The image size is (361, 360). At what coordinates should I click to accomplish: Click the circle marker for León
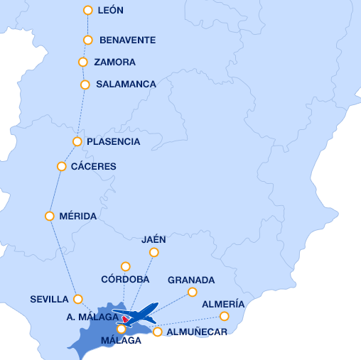point(88,11)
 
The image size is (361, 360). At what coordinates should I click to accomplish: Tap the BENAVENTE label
point(127,40)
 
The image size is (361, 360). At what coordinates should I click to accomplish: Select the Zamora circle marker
point(83,62)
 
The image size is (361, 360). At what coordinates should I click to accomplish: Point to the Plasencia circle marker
point(77,141)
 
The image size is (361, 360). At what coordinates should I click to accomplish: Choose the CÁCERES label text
point(94,167)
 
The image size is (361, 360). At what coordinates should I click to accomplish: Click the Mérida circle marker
point(50,216)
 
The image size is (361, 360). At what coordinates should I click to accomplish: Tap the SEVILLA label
point(49,300)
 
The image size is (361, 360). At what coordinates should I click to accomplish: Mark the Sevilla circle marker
point(78,299)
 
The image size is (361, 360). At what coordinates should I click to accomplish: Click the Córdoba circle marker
point(126,267)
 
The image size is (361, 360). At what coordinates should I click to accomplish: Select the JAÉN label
point(153,239)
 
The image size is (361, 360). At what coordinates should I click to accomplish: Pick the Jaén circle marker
point(153,252)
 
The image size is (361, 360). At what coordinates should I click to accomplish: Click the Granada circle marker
point(192,292)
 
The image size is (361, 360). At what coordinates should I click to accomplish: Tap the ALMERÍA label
point(223,305)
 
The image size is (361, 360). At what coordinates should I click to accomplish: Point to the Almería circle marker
point(225,316)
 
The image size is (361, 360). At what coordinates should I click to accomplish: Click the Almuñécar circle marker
point(158,332)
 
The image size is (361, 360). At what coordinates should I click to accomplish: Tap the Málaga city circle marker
point(122,329)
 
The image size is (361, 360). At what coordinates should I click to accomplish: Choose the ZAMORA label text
point(114,62)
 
